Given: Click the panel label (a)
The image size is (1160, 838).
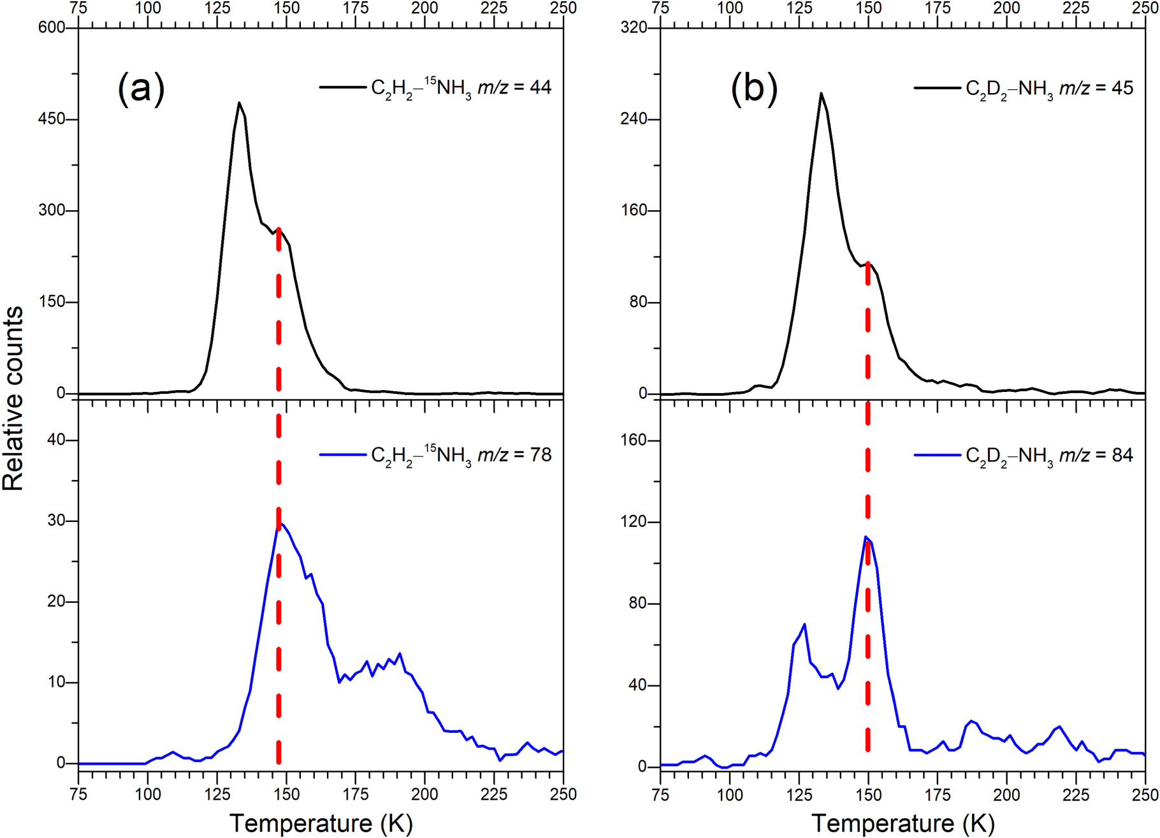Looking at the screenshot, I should click(141, 88).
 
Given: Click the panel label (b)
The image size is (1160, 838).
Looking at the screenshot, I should click(753, 88).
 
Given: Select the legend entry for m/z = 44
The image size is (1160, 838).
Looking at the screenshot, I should click(435, 87).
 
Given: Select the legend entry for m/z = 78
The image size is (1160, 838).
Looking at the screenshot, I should click(435, 455).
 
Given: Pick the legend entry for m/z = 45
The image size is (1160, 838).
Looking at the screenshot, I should click(1024, 87).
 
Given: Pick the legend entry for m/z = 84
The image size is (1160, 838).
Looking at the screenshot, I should click(1024, 455).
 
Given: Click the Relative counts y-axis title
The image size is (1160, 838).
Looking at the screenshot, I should click(13, 399).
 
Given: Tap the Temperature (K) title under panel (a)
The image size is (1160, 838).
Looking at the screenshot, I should click(321, 823).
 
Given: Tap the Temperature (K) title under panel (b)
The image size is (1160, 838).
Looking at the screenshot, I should click(903, 823).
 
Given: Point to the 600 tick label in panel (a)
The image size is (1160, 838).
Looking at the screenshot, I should click(51, 27).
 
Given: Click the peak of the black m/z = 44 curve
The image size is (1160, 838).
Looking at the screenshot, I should click(239, 103).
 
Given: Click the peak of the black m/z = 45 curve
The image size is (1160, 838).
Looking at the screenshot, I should click(821, 94).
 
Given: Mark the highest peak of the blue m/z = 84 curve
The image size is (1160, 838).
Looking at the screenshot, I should click(866, 537).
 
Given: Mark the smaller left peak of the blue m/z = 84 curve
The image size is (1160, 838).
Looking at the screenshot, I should click(804, 625).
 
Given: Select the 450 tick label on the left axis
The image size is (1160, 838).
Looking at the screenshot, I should click(51, 119).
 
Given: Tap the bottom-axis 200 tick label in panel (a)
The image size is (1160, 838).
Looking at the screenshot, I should click(424, 795).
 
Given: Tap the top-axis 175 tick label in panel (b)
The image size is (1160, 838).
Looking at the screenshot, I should click(938, 8).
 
